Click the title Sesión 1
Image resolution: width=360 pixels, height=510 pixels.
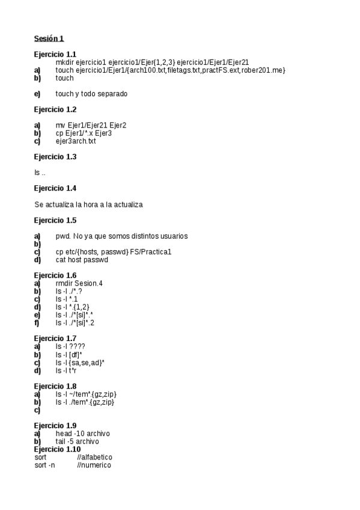coord(49,39)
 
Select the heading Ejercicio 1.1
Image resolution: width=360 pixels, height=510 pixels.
coord(55,54)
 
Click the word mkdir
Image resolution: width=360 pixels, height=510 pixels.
coord(65,62)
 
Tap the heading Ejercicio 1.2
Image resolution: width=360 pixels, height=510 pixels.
coord(55,109)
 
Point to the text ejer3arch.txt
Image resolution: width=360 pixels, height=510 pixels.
coord(76,141)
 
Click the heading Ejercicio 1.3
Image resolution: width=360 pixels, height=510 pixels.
coord(55,156)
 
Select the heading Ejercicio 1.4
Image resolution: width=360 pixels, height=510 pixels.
coord(55,188)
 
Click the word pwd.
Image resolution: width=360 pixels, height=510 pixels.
coord(63,236)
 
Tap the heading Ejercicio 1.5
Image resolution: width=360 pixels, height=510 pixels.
coord(55,220)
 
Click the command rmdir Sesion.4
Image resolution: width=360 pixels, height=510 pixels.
coord(79,283)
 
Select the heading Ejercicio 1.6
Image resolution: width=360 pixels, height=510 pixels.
coord(55,275)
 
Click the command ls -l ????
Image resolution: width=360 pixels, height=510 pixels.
coord(70,346)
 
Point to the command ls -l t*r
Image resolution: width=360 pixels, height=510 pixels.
coord(67,370)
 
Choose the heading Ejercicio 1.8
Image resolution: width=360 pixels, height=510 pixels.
coord(55,386)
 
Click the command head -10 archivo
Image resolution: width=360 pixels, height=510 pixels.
coord(82,434)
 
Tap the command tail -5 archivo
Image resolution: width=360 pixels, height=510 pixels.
coord(78,441)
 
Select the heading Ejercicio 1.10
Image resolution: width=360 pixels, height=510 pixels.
coord(57,449)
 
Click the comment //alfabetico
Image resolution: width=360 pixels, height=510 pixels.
coord(94,458)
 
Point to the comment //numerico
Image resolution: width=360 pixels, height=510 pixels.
coord(94,465)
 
